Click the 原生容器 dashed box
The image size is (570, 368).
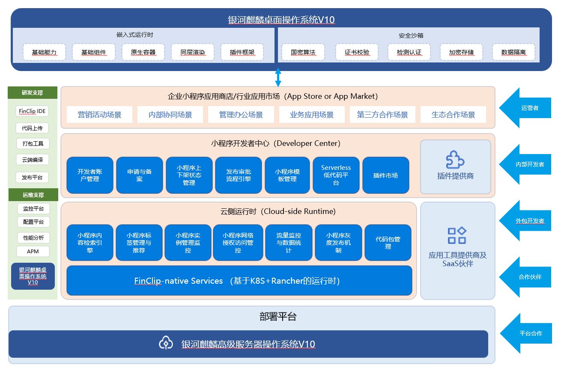pyautogui.click(x=143, y=52)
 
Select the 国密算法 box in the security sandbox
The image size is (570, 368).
pyautogui.click(x=303, y=52)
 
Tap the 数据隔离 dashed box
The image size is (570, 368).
pyautogui.click(x=513, y=52)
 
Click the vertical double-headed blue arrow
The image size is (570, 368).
pyautogui.click(x=278, y=77)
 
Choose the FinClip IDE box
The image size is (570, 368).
pyautogui.click(x=32, y=111)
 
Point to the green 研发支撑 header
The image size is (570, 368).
pyautogui.click(x=33, y=92)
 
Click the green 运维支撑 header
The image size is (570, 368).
pyautogui.click(x=33, y=195)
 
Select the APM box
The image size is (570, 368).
pyautogui.click(x=33, y=251)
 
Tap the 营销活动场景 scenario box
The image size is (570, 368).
pyautogui.click(x=99, y=115)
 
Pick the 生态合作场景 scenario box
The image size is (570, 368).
pyautogui.click(x=453, y=115)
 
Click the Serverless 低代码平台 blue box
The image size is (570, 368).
pyautogui.click(x=336, y=175)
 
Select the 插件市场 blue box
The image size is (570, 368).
pyautogui.click(x=385, y=175)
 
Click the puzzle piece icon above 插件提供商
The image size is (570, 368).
pyautogui.click(x=455, y=160)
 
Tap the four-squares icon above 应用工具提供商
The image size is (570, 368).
pyautogui.click(x=457, y=235)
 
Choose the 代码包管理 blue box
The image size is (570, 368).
pyautogui.click(x=388, y=243)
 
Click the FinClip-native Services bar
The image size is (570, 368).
pyautogui.click(x=239, y=281)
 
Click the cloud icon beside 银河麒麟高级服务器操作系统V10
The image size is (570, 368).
pyautogui.click(x=166, y=343)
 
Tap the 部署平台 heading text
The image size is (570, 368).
pyautogui.click(x=278, y=317)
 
